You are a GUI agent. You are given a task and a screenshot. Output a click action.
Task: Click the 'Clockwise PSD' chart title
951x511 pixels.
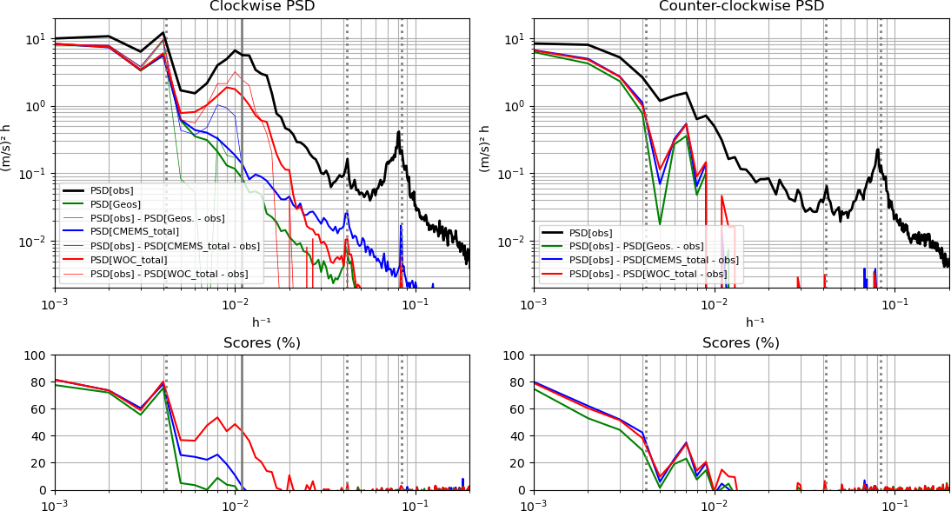263,7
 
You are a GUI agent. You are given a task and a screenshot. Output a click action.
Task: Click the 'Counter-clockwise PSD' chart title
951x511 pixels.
741,7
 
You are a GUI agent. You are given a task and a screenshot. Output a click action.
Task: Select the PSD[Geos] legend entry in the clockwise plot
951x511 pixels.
115,204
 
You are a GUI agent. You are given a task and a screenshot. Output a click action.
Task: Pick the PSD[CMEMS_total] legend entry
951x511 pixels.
134,231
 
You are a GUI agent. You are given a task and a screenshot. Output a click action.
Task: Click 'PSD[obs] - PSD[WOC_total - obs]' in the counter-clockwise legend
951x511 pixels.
648,274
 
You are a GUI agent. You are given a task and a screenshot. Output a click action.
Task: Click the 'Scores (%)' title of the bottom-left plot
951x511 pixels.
263,343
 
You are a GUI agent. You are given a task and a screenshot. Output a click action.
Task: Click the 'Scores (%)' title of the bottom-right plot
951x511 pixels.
741,343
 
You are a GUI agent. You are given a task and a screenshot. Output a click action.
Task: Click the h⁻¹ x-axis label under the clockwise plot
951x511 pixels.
263,322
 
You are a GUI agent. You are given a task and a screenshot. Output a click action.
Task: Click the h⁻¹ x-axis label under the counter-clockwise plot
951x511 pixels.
741,322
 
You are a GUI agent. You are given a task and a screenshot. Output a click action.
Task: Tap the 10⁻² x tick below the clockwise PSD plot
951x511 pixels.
235,304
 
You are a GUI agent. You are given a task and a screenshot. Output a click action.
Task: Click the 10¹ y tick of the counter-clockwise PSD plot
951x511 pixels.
515,40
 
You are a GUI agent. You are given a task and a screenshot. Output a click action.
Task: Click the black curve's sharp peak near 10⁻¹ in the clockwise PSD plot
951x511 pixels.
398,131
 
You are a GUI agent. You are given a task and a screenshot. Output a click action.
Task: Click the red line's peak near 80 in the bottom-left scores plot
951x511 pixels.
163,381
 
